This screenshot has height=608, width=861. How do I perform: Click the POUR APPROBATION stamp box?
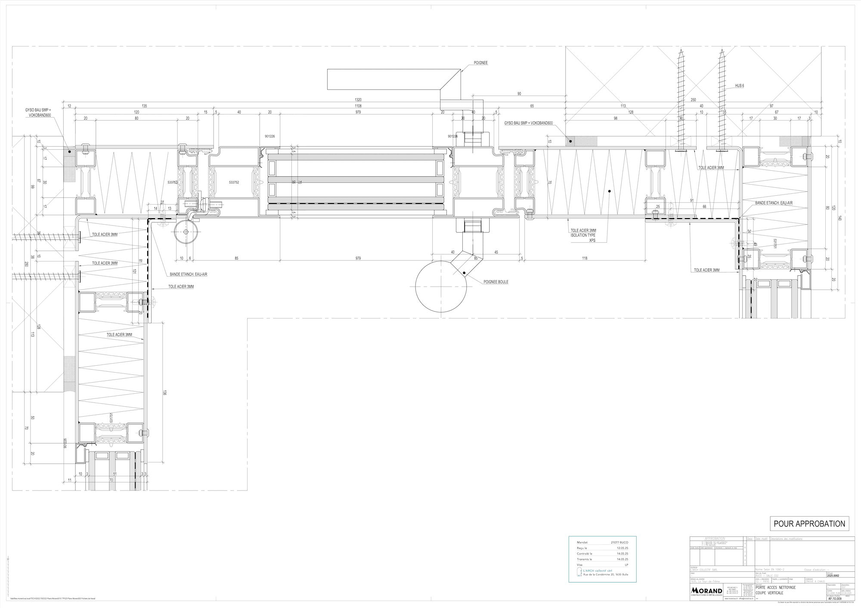click(x=809, y=524)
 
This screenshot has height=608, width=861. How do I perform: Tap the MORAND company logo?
click(x=706, y=590)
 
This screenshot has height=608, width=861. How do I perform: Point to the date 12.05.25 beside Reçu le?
click(x=622, y=548)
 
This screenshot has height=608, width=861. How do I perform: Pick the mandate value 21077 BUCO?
click(x=619, y=543)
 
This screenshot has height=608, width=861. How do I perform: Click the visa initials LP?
click(x=626, y=565)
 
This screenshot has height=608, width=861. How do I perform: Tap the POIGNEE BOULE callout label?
click(x=496, y=282)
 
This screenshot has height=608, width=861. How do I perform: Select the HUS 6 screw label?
click(x=739, y=86)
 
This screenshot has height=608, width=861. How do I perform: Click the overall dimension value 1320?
click(x=358, y=100)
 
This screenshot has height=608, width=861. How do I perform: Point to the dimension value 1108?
click(x=358, y=106)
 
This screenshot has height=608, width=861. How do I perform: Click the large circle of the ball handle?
click(x=441, y=286)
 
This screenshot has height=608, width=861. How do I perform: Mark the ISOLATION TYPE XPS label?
click(x=583, y=236)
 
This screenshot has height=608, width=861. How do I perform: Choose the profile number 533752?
click(x=234, y=182)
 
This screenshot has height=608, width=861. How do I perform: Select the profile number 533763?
click(x=172, y=182)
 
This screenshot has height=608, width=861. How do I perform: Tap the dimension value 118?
click(x=584, y=259)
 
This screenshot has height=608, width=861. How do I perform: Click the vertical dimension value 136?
click(x=165, y=392)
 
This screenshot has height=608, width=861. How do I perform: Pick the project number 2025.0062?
click(x=833, y=575)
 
